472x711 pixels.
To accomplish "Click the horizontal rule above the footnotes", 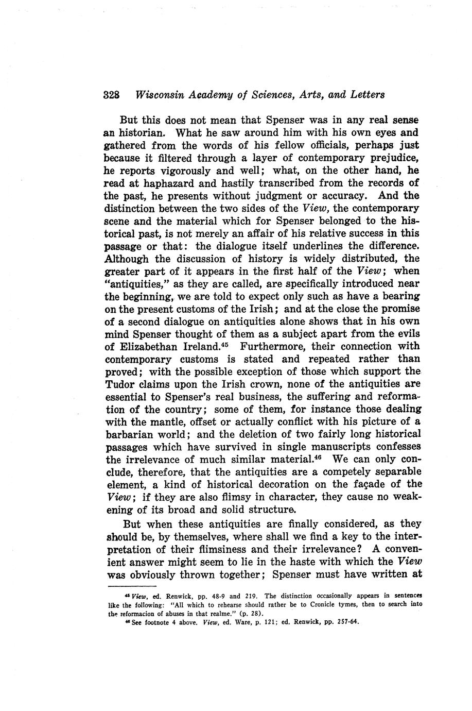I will pos(132,586).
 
